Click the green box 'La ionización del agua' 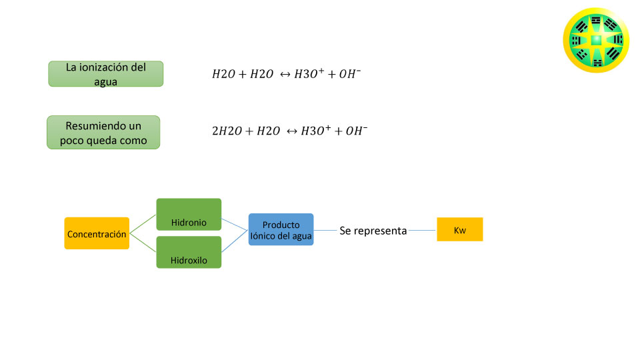tap(106, 74)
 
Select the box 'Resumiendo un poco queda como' tap(103, 132)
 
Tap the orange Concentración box tap(97, 233)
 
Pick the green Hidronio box tap(189, 214)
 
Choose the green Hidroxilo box tap(189, 252)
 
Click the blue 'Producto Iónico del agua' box tap(281, 229)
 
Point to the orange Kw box tap(459, 229)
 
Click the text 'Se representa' tap(373, 231)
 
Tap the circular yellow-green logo tap(596, 40)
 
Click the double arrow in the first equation tap(285, 74)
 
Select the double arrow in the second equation tap(291, 131)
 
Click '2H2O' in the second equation tap(227, 131)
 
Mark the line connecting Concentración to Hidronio tap(143, 224)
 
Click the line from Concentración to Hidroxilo tap(143, 243)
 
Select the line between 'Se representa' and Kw tap(422, 230)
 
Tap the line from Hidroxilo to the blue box tap(235, 241)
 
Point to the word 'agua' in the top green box tap(106, 81)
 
